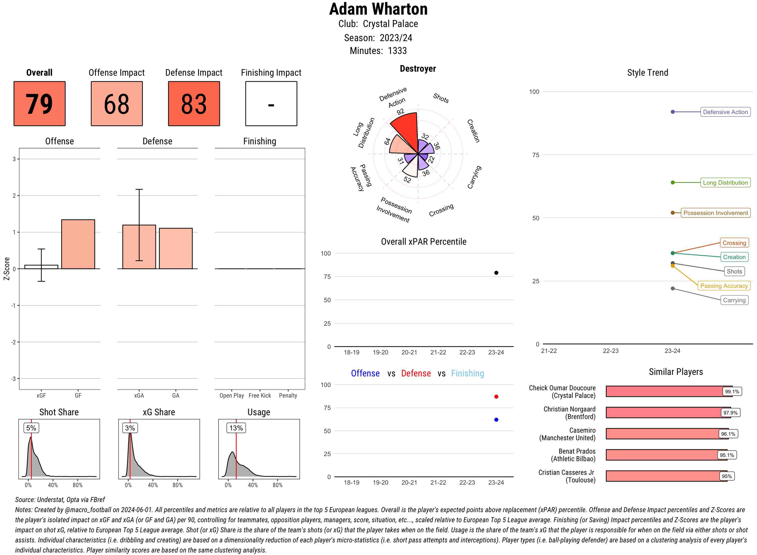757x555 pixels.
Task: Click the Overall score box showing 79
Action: pyautogui.click(x=39, y=103)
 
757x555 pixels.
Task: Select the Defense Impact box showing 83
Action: pyautogui.click(x=194, y=103)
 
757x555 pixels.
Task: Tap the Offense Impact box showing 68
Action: pyautogui.click(x=117, y=103)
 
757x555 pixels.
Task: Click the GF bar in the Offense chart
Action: pyautogui.click(x=78, y=244)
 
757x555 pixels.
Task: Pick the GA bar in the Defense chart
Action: pyautogui.click(x=176, y=248)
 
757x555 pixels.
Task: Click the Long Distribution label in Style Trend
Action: pyautogui.click(x=725, y=183)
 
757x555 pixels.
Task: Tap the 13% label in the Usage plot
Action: pyautogui.click(x=236, y=428)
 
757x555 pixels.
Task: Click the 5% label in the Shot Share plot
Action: pyautogui.click(x=31, y=428)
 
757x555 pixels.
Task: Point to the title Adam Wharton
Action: pyautogui.click(x=378, y=9)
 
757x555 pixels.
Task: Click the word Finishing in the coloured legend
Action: pyautogui.click(x=467, y=374)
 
